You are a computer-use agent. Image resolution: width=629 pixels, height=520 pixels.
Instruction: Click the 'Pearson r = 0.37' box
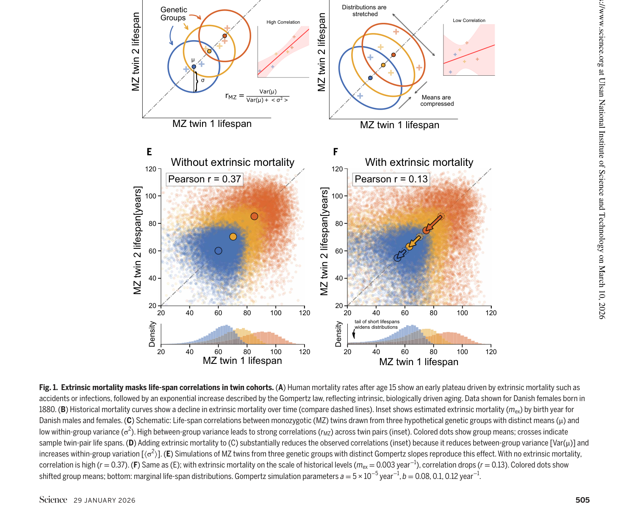(x=205, y=179)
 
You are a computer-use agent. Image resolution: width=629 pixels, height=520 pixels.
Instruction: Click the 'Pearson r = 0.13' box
(x=391, y=179)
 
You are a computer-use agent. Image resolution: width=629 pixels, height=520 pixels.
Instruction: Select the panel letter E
(x=149, y=152)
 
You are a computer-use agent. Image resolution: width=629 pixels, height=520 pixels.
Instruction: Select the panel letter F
(x=335, y=152)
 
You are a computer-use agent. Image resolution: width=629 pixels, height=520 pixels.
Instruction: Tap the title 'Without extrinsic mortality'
(x=233, y=162)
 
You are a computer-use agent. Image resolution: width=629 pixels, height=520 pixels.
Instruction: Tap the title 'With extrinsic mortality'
(x=419, y=162)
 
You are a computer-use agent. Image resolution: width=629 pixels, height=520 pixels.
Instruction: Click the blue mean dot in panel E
(x=218, y=251)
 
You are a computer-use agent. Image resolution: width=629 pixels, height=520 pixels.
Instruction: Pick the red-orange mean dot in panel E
(x=254, y=216)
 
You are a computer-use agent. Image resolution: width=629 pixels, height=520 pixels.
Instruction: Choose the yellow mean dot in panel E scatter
(x=233, y=237)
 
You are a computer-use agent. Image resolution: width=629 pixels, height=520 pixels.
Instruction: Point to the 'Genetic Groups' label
(x=173, y=14)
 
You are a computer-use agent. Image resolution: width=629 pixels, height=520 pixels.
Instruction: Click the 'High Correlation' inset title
(x=283, y=22)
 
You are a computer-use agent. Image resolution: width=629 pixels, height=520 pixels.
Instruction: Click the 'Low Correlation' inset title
(x=469, y=20)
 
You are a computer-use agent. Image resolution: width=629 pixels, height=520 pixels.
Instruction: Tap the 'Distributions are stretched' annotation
(x=364, y=11)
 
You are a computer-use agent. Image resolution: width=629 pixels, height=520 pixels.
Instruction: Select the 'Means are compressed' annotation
(x=437, y=101)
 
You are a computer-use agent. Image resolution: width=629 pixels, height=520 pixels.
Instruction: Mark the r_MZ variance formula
(x=257, y=96)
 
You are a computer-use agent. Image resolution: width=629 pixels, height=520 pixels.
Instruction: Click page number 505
(x=582, y=500)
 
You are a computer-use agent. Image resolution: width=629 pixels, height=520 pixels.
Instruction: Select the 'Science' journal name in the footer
(x=53, y=500)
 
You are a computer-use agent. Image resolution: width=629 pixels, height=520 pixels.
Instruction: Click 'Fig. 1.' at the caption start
(x=48, y=388)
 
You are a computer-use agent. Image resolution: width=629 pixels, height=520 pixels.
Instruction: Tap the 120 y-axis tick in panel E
(x=151, y=169)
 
